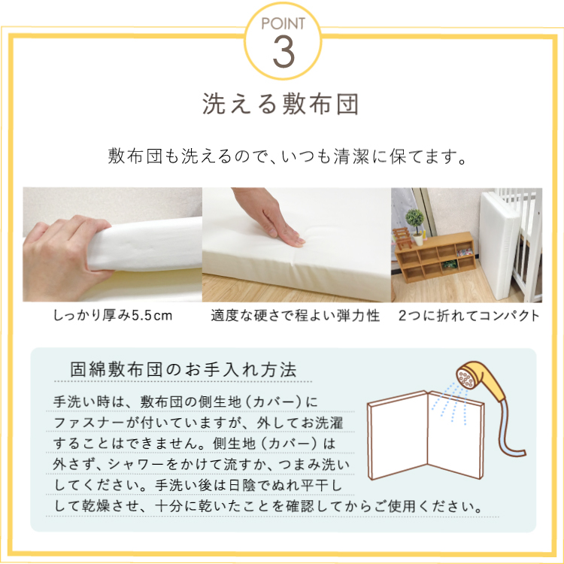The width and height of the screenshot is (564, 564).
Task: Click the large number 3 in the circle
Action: click(x=281, y=50)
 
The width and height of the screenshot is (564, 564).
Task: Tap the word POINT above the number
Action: click(x=282, y=24)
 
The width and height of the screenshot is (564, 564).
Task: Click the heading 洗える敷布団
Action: click(x=281, y=104)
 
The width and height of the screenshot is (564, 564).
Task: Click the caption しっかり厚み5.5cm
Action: click(x=113, y=315)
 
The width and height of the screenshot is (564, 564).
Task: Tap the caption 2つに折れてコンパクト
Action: click(x=468, y=315)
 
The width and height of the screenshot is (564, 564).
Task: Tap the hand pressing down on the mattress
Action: click(x=271, y=222)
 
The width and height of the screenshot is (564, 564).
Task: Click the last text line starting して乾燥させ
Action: click(x=268, y=505)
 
